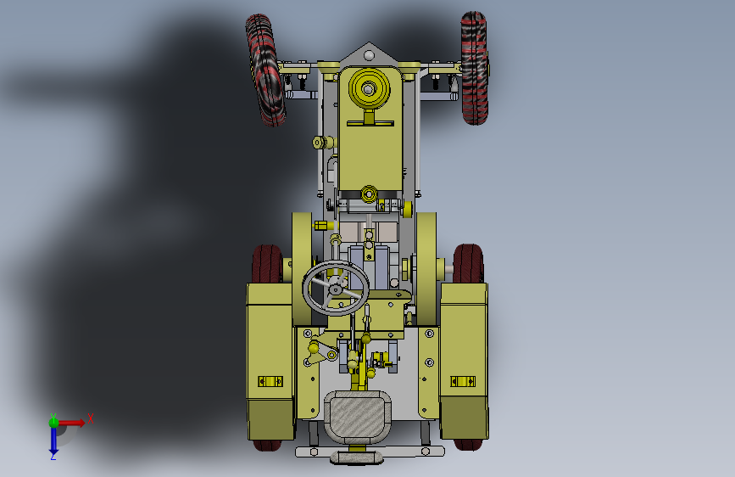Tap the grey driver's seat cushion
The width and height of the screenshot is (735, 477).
click(x=357, y=417)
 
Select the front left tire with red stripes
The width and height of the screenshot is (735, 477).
click(x=265, y=70)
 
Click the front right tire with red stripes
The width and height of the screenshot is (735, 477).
click(x=475, y=68)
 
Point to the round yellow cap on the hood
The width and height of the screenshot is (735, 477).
click(x=369, y=88)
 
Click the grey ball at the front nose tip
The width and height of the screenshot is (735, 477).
click(x=369, y=56)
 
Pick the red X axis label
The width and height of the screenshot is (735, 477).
click(x=91, y=418)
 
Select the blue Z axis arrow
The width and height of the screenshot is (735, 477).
click(x=53, y=441)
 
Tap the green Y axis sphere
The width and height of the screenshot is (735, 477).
click(x=53, y=423)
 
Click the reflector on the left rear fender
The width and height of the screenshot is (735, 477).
click(x=270, y=381)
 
